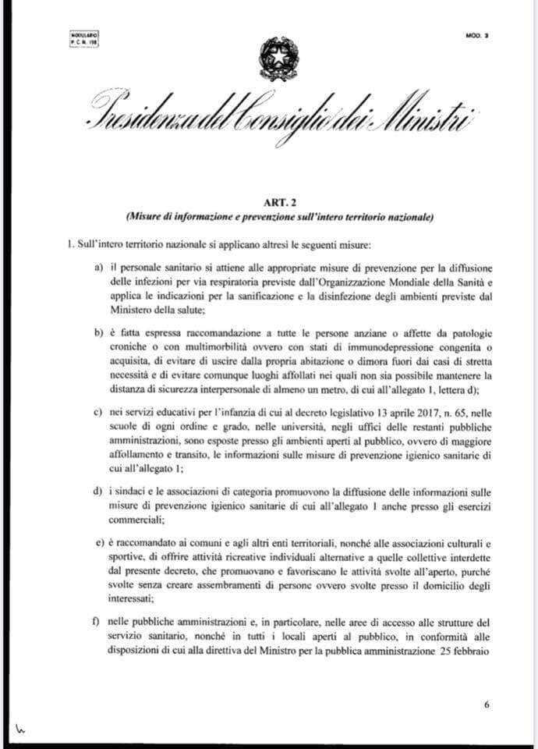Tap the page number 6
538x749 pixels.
coord(486,705)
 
